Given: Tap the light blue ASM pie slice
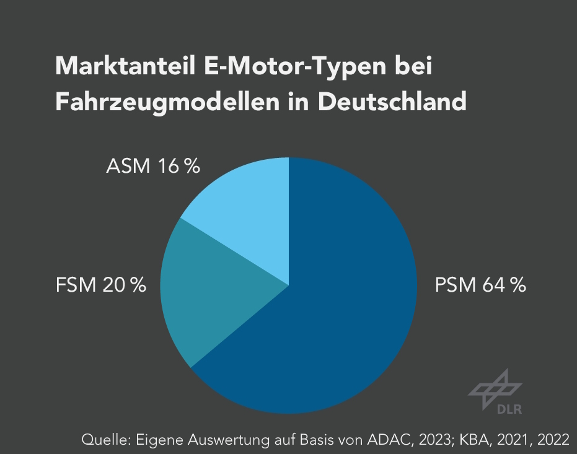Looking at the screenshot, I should pos(248,211).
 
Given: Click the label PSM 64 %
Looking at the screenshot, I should pos(480,286).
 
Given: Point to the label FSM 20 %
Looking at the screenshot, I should pos(100,286).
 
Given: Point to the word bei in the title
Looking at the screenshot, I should pos(413,66).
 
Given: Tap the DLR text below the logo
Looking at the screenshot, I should pos(509,409).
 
